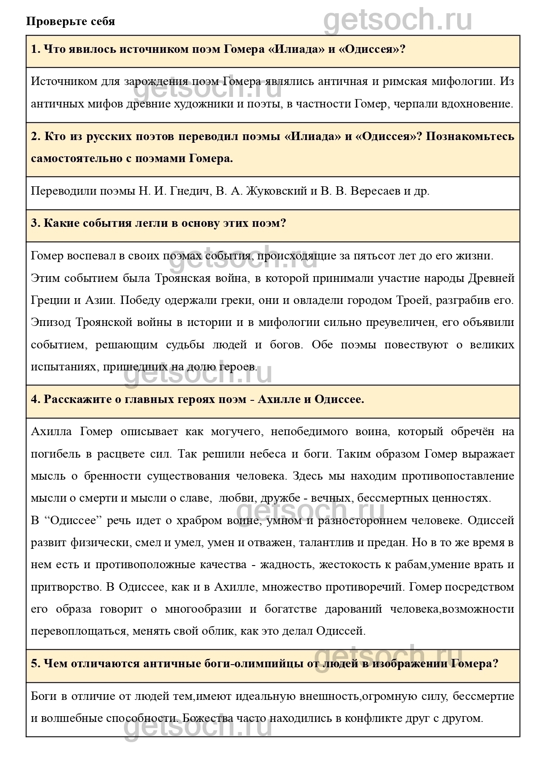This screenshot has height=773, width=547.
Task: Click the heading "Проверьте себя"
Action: [70, 21]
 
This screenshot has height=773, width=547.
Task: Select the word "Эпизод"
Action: [51, 322]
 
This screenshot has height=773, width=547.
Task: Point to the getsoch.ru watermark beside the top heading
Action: [398, 20]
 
